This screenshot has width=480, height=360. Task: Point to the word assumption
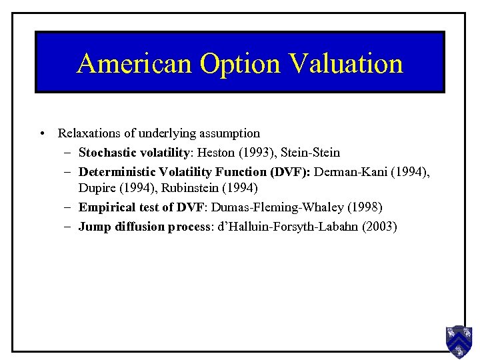[x=229, y=133]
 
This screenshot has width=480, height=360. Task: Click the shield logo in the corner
[x=459, y=341]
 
